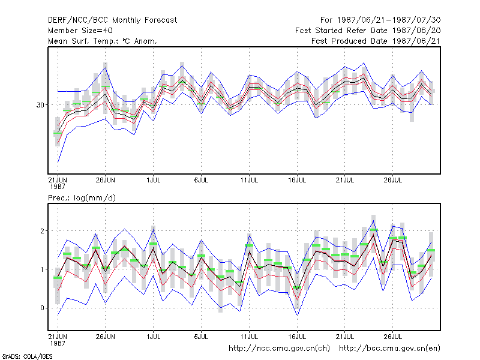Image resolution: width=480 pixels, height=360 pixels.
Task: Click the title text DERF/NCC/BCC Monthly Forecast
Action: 112,20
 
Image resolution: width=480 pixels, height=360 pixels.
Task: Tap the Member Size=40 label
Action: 80,31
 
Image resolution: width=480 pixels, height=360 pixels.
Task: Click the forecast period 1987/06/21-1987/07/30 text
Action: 380,20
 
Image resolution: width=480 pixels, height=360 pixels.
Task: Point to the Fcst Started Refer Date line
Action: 368,31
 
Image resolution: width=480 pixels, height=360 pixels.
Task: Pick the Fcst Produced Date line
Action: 376,41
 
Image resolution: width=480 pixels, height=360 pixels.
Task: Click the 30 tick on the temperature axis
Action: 40,105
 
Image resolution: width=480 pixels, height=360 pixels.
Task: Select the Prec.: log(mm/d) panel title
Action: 82,198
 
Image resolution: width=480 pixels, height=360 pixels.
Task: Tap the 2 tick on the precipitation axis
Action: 42,231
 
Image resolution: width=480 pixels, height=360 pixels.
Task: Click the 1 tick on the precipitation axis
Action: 42,269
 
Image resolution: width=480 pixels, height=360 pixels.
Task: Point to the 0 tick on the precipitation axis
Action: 42,308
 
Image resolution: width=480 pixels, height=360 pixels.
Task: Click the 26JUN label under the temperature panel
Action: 106,180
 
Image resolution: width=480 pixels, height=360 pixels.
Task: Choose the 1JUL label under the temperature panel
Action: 154,180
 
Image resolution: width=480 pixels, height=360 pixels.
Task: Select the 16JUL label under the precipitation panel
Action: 297,337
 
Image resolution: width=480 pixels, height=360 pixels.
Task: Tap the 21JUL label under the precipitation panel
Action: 344,337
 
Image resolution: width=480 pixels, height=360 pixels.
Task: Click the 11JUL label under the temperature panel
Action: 249,180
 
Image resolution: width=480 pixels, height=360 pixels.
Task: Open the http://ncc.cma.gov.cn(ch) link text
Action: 279,349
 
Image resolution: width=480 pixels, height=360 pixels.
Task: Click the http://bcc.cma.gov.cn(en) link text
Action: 389,349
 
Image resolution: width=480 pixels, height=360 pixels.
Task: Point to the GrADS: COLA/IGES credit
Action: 27,356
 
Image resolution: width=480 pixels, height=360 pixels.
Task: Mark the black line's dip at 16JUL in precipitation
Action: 297,290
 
